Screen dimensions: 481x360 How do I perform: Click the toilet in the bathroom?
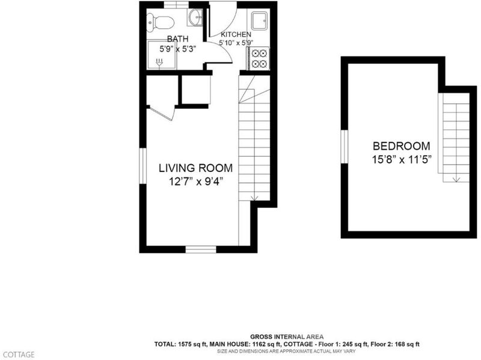161,22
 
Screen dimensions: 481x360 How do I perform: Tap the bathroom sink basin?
195,16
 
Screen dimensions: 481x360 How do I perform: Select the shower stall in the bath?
162,55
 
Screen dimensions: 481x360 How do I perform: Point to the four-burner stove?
259,58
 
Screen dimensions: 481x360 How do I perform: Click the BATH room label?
177,39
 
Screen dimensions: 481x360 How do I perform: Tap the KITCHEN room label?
236,34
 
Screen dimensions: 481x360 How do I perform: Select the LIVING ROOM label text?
195,168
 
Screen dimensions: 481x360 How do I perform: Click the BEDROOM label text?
401,146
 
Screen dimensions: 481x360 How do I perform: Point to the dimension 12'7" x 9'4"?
195,182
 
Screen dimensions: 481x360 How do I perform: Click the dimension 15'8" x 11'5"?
402,160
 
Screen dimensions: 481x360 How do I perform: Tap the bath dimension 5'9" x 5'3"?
177,49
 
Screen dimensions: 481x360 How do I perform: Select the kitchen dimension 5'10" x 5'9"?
236,43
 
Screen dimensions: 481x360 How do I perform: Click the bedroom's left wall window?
345,147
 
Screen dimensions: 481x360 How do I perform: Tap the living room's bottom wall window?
201,249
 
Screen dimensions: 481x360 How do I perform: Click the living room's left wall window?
143,166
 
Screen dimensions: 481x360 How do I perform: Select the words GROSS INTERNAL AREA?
287,337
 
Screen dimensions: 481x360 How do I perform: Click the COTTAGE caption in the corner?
19,355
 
